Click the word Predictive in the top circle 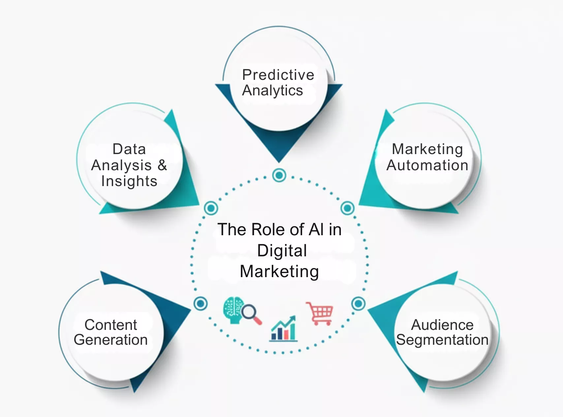(278, 75)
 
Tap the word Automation (427, 165)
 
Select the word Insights (129, 181)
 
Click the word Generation (111, 340)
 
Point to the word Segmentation (442, 340)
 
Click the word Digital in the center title (282, 250)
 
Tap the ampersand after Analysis (162, 165)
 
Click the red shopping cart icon (319, 313)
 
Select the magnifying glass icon (251, 313)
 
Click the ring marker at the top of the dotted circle (279, 175)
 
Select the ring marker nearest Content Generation (201, 304)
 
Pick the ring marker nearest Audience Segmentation (358, 304)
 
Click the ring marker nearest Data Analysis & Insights (211, 208)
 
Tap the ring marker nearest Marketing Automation (347, 208)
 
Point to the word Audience (442, 325)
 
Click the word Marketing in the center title (279, 272)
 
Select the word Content (111, 325)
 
